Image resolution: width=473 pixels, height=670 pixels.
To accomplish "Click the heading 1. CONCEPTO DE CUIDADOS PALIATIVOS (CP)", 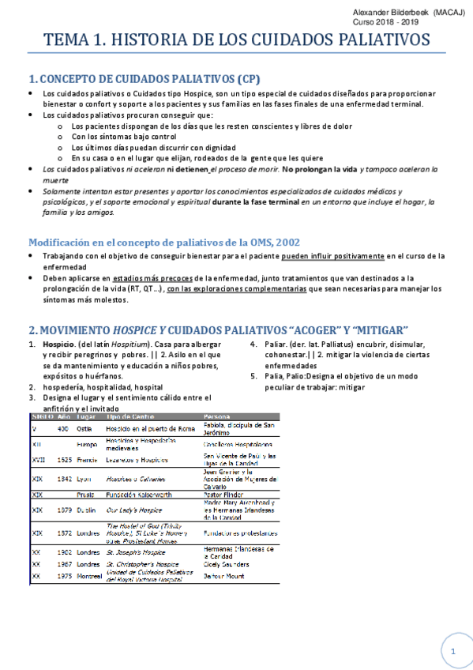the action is coord(144,79).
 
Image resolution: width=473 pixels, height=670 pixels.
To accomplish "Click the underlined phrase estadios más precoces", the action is coord(156,278).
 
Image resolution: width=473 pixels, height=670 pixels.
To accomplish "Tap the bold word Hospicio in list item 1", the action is coord(59,344).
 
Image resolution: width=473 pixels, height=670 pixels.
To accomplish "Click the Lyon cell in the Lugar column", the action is coord(84,478).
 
